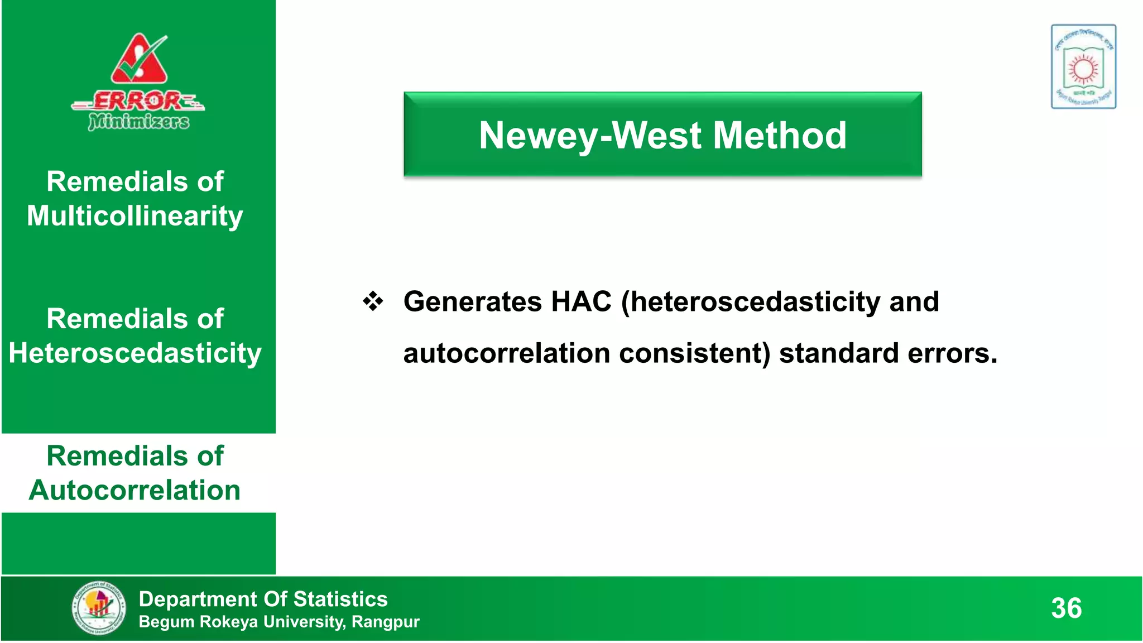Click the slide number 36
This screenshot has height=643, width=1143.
[1066, 608]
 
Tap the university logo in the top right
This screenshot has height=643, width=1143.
[1083, 66]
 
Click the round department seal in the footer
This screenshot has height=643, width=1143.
[99, 608]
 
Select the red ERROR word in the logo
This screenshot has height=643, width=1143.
[137, 101]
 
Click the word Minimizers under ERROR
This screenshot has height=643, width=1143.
[138, 121]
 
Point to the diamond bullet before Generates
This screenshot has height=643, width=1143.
[373, 302]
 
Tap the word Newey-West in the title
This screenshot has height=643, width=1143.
[590, 136]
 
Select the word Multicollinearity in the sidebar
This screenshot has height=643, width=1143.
[135, 216]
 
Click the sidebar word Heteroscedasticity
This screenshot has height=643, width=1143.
[135, 353]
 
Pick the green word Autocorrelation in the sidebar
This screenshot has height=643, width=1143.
[135, 491]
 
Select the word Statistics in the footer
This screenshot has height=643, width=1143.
[340, 599]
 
